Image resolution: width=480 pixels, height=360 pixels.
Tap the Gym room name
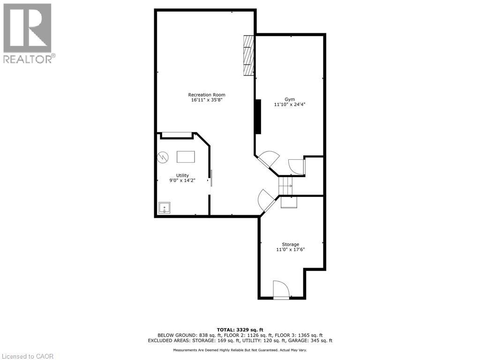[290, 99]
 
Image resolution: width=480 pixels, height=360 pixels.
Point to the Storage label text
[290, 244]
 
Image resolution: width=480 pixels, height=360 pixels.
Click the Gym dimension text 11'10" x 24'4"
[290, 105]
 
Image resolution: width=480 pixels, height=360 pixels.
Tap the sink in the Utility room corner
[165, 208]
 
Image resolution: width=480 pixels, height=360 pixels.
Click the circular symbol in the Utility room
[163, 157]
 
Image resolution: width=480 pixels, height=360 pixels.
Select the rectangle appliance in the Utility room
[186, 157]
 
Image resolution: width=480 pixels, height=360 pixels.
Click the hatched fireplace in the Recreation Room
[248, 55]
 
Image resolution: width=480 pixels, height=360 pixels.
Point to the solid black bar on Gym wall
[258, 116]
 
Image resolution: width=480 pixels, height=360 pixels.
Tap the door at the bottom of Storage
[281, 290]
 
